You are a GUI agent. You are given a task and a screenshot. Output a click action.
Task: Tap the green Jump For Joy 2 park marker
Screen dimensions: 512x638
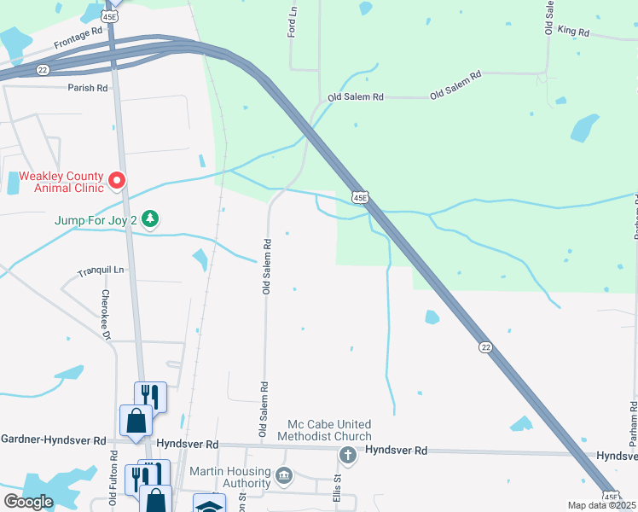tap(150, 219)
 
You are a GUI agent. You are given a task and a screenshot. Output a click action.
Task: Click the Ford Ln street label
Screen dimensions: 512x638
tap(292, 25)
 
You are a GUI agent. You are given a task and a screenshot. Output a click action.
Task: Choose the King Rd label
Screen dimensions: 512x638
tap(573, 32)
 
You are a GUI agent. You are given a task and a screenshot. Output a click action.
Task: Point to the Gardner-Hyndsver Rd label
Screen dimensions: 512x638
tap(53, 440)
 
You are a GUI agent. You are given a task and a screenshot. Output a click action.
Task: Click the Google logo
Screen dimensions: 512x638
tap(28, 502)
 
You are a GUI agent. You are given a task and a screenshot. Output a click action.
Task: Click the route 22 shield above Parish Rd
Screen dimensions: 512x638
tap(42, 71)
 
